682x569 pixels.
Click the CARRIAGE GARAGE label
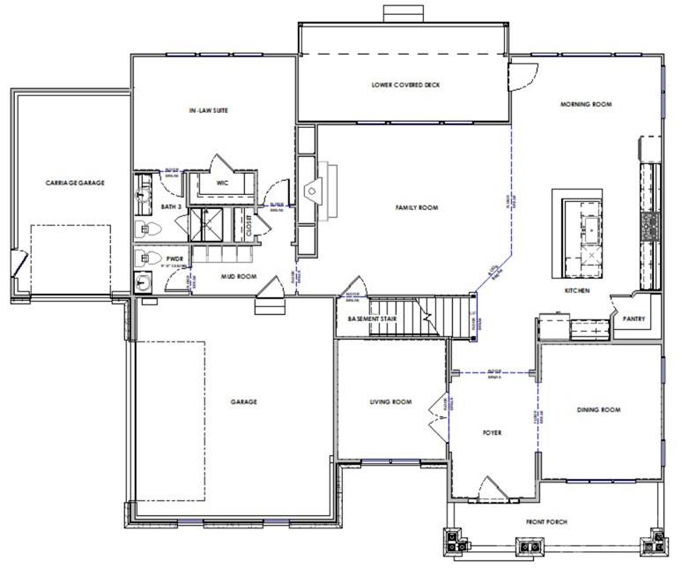pos(75,183)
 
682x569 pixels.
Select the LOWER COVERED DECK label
pos(405,86)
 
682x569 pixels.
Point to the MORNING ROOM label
pos(586,104)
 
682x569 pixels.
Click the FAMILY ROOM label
pos(416,208)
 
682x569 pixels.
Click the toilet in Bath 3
pos(148,229)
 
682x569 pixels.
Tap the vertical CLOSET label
pos(249,226)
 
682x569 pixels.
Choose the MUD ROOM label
pos(237,276)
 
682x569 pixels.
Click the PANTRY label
pos(634,319)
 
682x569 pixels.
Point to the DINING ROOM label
pos(599,410)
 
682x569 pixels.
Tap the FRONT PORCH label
pos(546,522)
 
